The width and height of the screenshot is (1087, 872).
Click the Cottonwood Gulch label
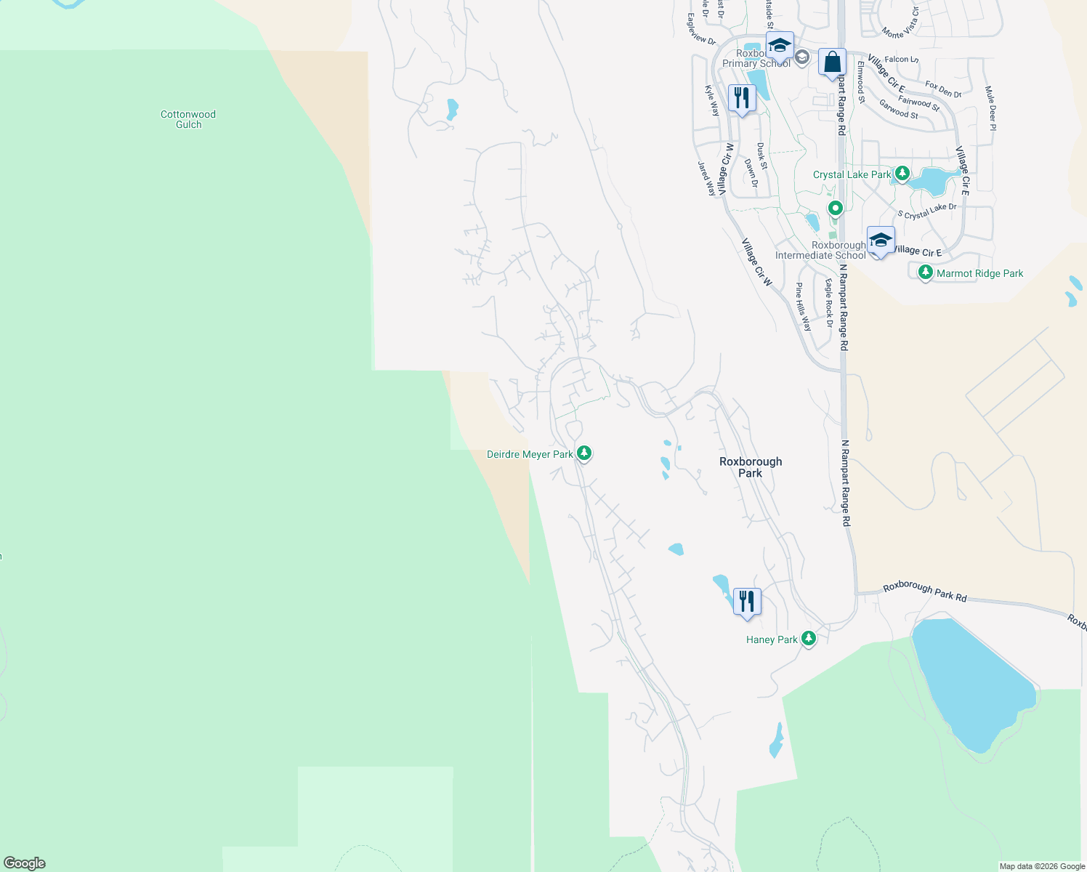tap(188, 119)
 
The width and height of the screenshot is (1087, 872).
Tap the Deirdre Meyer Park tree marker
tap(583, 453)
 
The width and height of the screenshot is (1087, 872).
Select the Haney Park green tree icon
tap(809, 639)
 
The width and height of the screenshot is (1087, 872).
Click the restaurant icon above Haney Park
tap(747, 602)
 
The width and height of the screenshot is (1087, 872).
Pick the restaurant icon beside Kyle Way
tap(742, 98)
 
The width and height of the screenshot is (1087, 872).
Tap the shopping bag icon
tap(832, 62)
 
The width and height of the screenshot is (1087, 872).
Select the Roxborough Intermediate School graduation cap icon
tap(880, 241)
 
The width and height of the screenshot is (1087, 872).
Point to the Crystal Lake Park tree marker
tap(902, 174)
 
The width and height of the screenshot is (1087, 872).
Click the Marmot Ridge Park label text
tap(979, 273)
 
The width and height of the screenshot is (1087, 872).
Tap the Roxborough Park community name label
tap(751, 467)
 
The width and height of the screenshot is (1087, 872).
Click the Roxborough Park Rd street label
tap(925, 592)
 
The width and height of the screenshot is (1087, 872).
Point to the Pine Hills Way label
tap(803, 307)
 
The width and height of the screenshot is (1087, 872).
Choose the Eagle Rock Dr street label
tap(828, 302)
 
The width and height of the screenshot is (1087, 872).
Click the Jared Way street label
tap(706, 178)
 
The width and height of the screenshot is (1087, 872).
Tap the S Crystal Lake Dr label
tap(927, 211)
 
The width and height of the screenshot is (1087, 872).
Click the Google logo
tap(25, 863)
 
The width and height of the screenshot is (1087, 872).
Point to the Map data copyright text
tap(1042, 866)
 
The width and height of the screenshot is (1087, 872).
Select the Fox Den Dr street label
tap(943, 89)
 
